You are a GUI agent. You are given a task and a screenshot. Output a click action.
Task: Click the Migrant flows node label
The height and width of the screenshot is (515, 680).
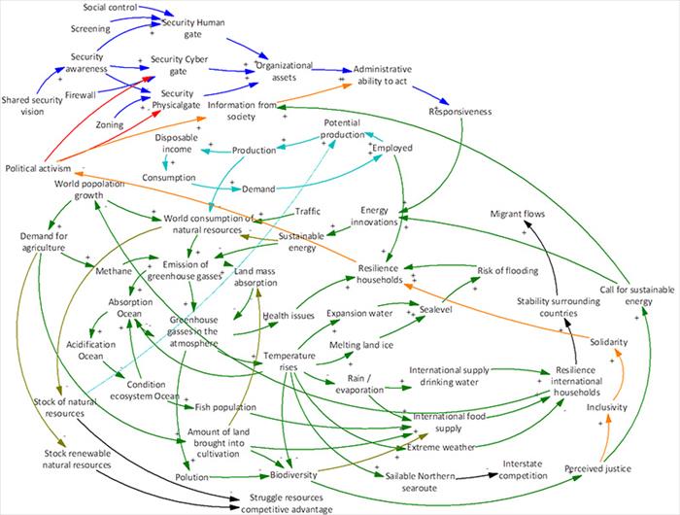click(518, 214)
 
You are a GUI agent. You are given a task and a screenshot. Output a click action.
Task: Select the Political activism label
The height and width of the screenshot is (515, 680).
click(38, 168)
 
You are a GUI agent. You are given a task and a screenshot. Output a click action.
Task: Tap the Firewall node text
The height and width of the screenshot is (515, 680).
click(81, 94)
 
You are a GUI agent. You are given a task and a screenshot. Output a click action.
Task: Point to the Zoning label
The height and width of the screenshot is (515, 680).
click(109, 125)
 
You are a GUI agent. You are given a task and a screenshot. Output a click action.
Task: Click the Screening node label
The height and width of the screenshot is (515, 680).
click(90, 28)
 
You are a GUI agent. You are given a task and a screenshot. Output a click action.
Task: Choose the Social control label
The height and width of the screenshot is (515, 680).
click(110, 8)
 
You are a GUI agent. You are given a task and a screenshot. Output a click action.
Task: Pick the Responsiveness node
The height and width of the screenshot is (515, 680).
click(460, 112)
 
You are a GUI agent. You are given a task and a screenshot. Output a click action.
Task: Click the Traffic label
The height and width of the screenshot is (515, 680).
click(308, 211)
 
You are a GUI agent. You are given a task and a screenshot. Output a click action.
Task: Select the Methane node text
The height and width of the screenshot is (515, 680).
click(114, 271)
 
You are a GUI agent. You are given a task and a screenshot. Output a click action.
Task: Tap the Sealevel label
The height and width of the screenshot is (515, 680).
click(435, 309)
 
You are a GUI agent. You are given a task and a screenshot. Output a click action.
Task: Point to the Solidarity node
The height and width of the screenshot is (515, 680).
click(608, 342)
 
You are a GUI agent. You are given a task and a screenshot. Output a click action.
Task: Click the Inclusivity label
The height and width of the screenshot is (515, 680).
click(607, 407)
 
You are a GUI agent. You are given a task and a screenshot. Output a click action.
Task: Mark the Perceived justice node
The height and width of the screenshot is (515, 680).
click(597, 468)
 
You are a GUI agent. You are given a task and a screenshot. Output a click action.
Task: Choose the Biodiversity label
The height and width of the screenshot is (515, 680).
click(293, 474)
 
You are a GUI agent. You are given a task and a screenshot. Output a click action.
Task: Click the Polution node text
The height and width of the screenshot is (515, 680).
click(191, 477)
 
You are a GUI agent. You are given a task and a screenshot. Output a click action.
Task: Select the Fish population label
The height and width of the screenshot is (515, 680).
click(225, 407)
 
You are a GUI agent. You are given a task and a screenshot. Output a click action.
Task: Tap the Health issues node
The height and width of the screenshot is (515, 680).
click(289, 316)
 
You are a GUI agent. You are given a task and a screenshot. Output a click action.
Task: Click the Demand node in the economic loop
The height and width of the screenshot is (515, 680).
click(258, 189)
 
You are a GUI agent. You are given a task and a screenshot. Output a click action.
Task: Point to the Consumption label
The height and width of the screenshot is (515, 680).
click(169, 178)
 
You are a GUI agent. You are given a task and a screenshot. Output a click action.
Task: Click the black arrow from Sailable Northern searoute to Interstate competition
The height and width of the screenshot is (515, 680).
click(477, 476)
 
